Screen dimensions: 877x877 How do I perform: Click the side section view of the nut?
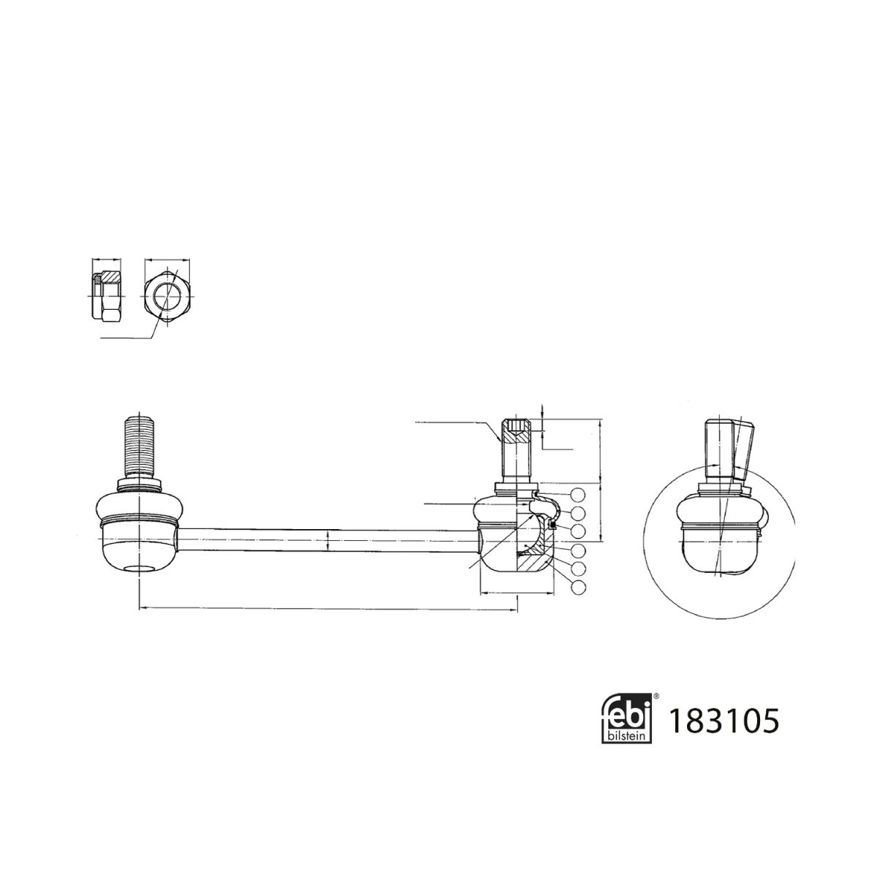tap(107, 296)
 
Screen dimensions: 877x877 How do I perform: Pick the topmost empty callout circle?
tap(577, 494)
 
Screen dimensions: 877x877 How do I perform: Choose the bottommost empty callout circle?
tap(578, 587)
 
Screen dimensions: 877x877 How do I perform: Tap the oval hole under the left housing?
tap(139, 569)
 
